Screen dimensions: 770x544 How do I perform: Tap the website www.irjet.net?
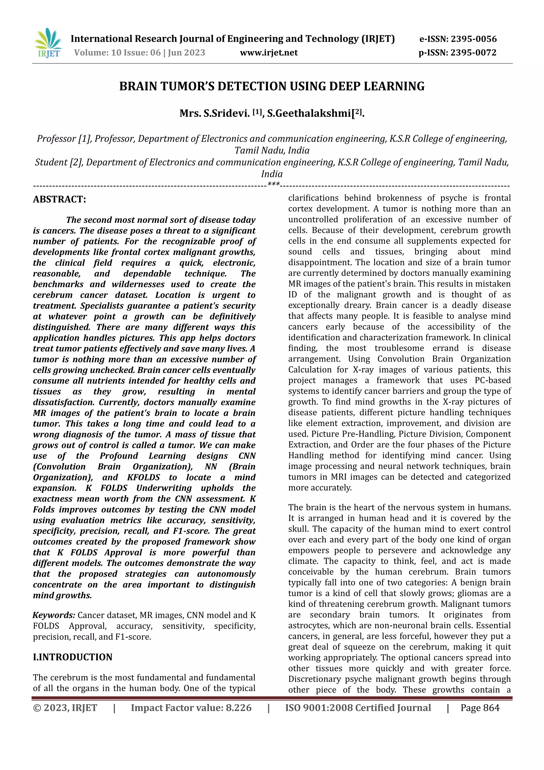pyautogui.click(x=269, y=53)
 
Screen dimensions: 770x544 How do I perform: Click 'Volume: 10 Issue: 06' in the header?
pyautogui.click(x=117, y=53)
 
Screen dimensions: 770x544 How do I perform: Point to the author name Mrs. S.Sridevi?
pyautogui.click(x=214, y=113)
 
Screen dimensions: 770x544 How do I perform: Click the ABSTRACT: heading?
pyautogui.click(x=59, y=199)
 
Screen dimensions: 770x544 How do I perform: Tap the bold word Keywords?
pyautogui.click(x=54, y=615)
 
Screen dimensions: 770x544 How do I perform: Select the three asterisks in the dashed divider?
pyautogui.click(x=274, y=185)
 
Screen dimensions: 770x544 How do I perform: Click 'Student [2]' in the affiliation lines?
pyautogui.click(x=59, y=162)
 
